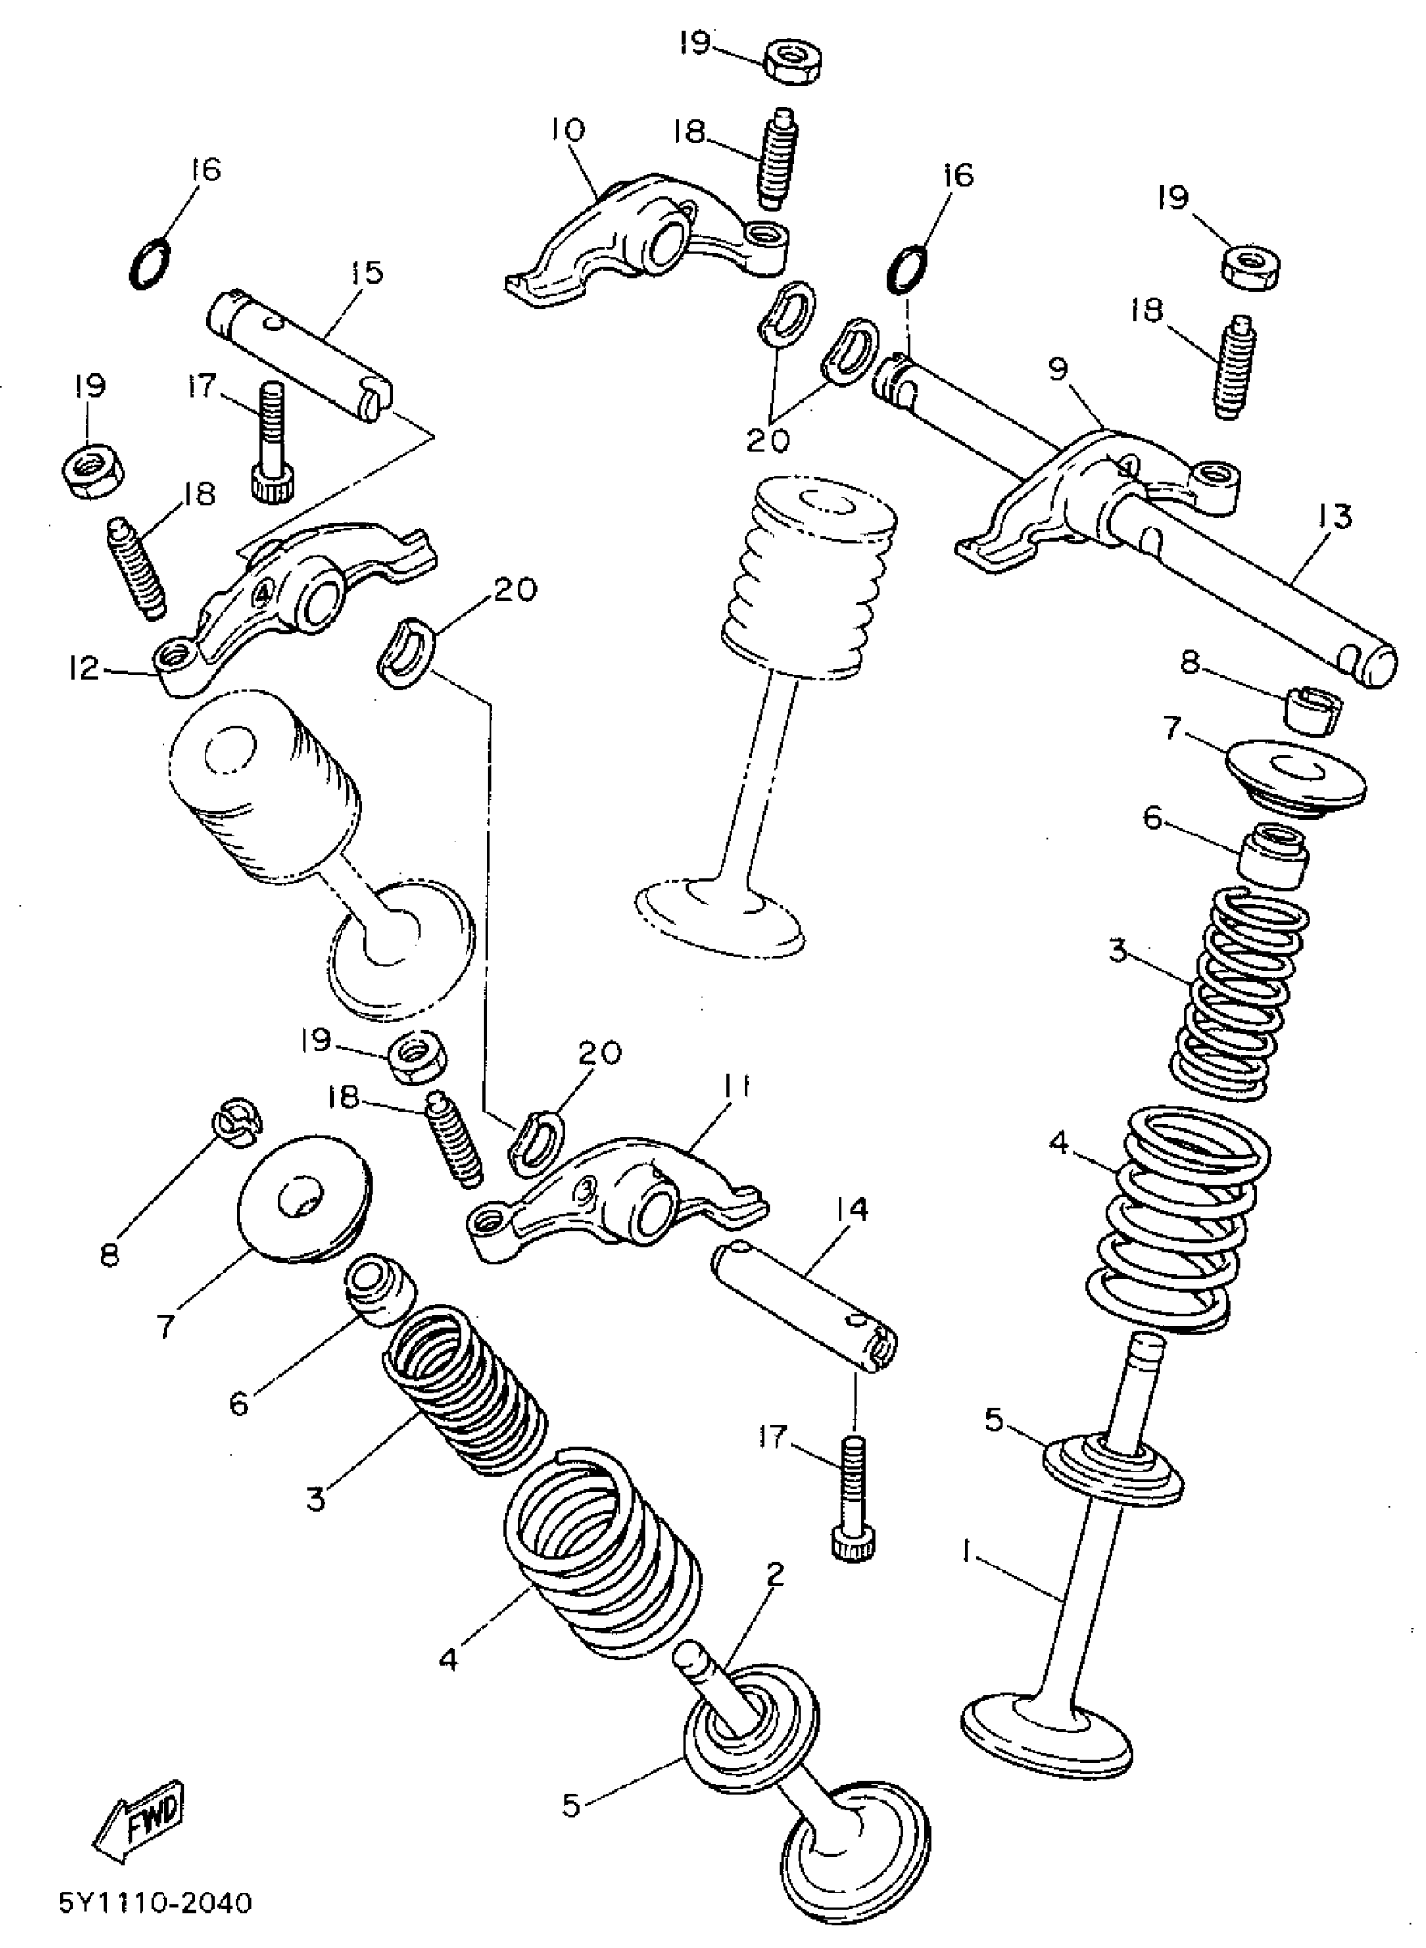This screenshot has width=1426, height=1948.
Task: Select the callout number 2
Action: pos(774,1576)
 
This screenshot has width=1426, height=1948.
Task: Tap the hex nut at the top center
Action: pos(793,62)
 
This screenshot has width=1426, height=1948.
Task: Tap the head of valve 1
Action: pos(1045,1727)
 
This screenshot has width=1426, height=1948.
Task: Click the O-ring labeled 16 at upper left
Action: pos(150,263)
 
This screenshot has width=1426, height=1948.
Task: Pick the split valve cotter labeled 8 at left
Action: pos(237,1123)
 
